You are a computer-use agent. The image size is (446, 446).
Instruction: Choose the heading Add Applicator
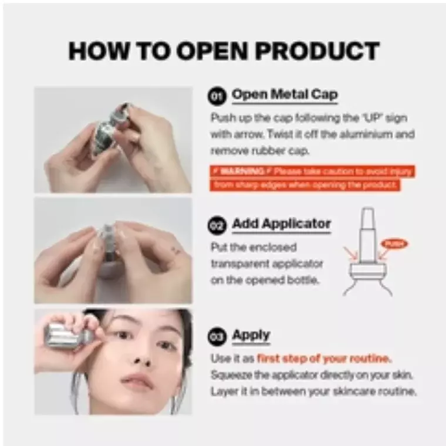click(x=281, y=224)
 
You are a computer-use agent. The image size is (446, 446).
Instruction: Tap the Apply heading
click(x=251, y=336)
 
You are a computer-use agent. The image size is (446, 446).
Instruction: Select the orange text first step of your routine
click(x=324, y=359)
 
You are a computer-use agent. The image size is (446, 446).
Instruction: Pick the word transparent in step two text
click(x=243, y=263)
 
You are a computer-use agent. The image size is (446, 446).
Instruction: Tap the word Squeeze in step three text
click(x=230, y=375)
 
